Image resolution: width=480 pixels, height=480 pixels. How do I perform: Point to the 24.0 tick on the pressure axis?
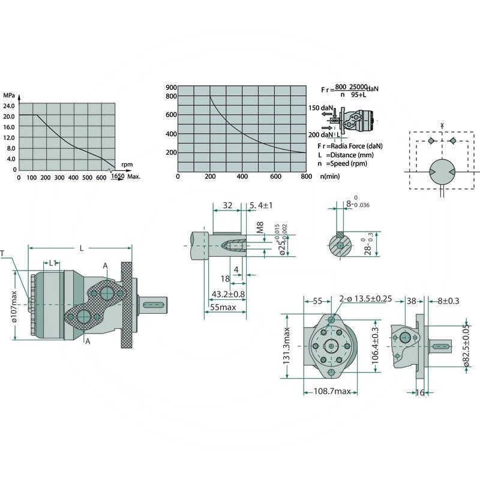(x=9, y=106)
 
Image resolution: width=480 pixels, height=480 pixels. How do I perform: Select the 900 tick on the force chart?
(x=171, y=88)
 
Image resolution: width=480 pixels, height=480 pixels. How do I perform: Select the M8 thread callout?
(x=260, y=229)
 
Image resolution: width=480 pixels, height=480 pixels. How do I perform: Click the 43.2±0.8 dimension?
(x=228, y=294)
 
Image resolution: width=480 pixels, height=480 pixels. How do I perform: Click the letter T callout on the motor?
(x=4, y=254)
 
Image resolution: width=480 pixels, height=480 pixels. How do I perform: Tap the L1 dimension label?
(x=52, y=263)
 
